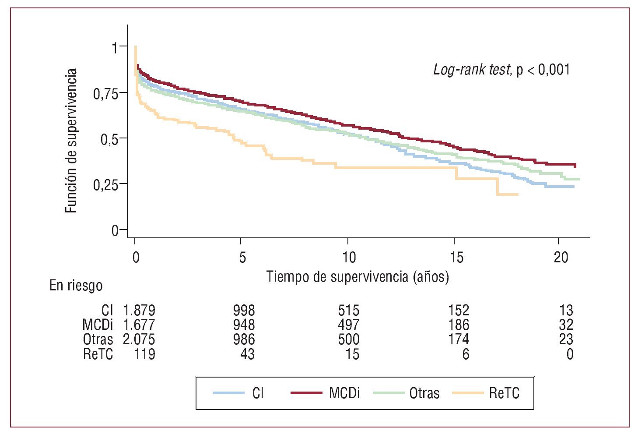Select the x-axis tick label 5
(x=242, y=258)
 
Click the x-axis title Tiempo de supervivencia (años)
(x=358, y=277)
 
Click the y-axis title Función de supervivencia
(x=71, y=141)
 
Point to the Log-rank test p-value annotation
(x=501, y=70)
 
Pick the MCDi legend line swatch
(x=306, y=393)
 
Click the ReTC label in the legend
(x=504, y=393)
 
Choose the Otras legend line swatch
(x=388, y=393)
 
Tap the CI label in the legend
(x=258, y=393)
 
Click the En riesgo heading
(x=76, y=286)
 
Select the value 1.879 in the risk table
(x=139, y=311)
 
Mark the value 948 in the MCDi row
(x=244, y=325)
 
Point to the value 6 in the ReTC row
(x=466, y=354)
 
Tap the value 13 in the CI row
(x=566, y=311)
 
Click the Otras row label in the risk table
(x=98, y=339)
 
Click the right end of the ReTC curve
(x=518, y=194)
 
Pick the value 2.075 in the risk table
(x=139, y=339)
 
